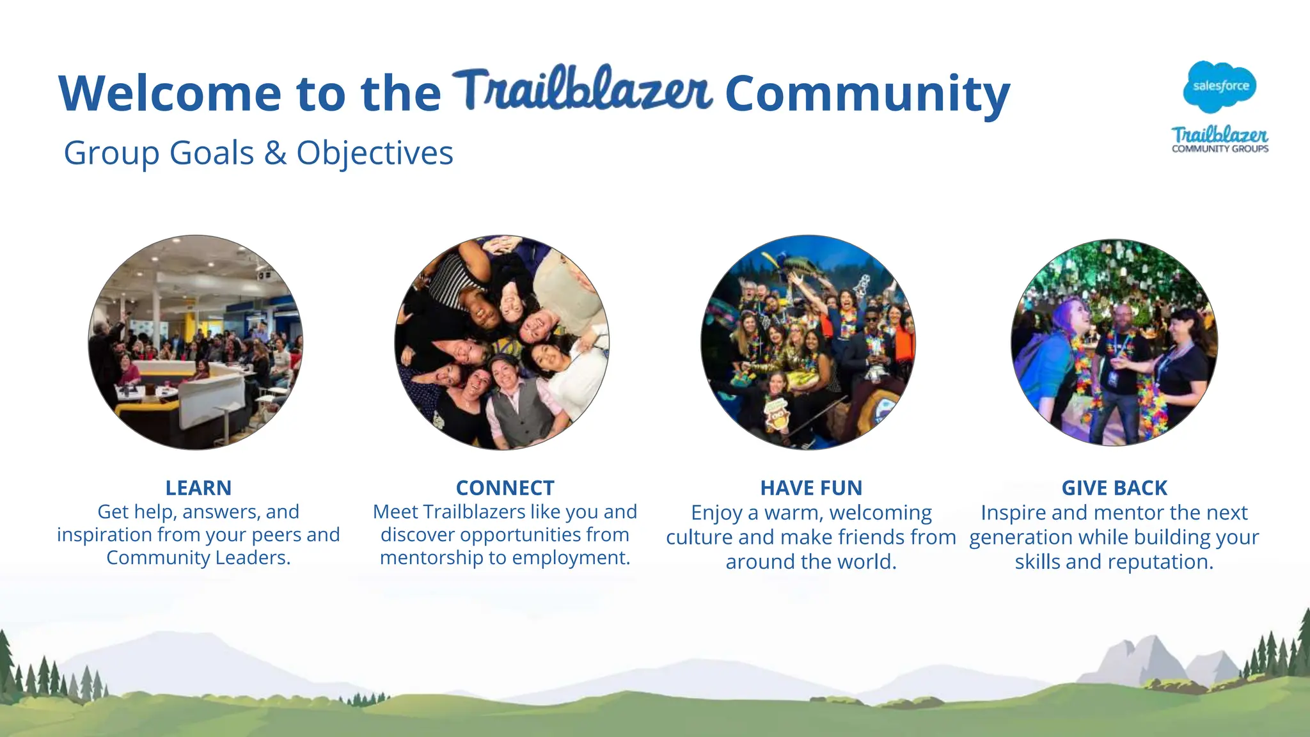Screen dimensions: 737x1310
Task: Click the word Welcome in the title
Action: pyautogui.click(x=170, y=93)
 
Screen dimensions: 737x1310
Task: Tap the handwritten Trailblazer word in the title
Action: pyautogui.click(x=582, y=90)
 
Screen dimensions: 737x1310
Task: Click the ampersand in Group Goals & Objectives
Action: pyautogui.click(x=275, y=154)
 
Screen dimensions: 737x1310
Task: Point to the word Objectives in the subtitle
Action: pyautogui.click(x=375, y=154)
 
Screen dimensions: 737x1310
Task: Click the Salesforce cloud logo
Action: pyautogui.click(x=1220, y=86)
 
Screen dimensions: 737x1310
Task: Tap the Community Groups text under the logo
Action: pyautogui.click(x=1220, y=149)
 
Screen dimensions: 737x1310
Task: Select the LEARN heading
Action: pyautogui.click(x=198, y=488)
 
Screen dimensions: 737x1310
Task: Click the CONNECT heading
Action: pyautogui.click(x=505, y=488)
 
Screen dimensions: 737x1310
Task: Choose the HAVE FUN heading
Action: pyautogui.click(x=811, y=488)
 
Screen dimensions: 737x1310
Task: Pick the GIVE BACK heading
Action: pyautogui.click(x=1114, y=488)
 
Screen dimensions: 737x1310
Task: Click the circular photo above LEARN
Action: pyautogui.click(x=196, y=342)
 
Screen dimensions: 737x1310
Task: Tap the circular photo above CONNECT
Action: pyautogui.click(x=502, y=342)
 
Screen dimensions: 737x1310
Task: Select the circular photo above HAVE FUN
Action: pyautogui.click(x=809, y=342)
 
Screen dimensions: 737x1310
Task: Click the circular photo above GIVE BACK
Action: pyautogui.click(x=1114, y=342)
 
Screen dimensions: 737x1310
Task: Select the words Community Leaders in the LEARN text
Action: pyautogui.click(x=198, y=559)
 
